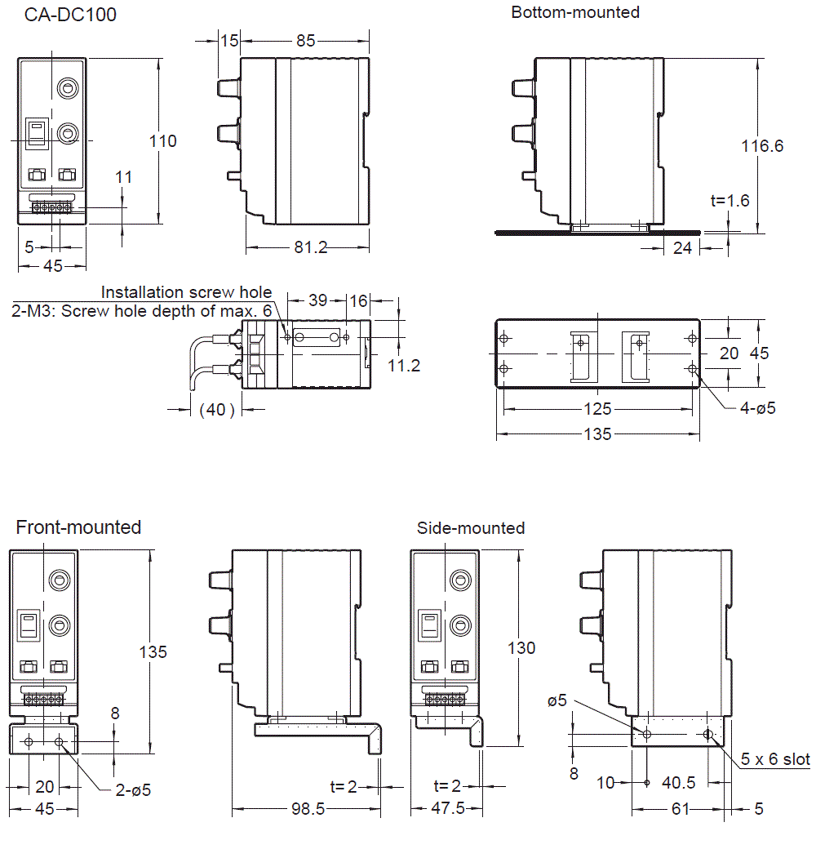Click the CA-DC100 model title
click(x=70, y=14)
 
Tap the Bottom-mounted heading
click(x=575, y=12)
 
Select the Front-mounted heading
click(x=79, y=527)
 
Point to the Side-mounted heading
click(x=471, y=528)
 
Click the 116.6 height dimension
click(x=762, y=146)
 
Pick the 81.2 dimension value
click(x=311, y=247)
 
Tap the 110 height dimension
click(x=163, y=141)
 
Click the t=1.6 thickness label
click(x=730, y=201)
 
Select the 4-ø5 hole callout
click(x=758, y=408)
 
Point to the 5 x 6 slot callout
click(x=775, y=759)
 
